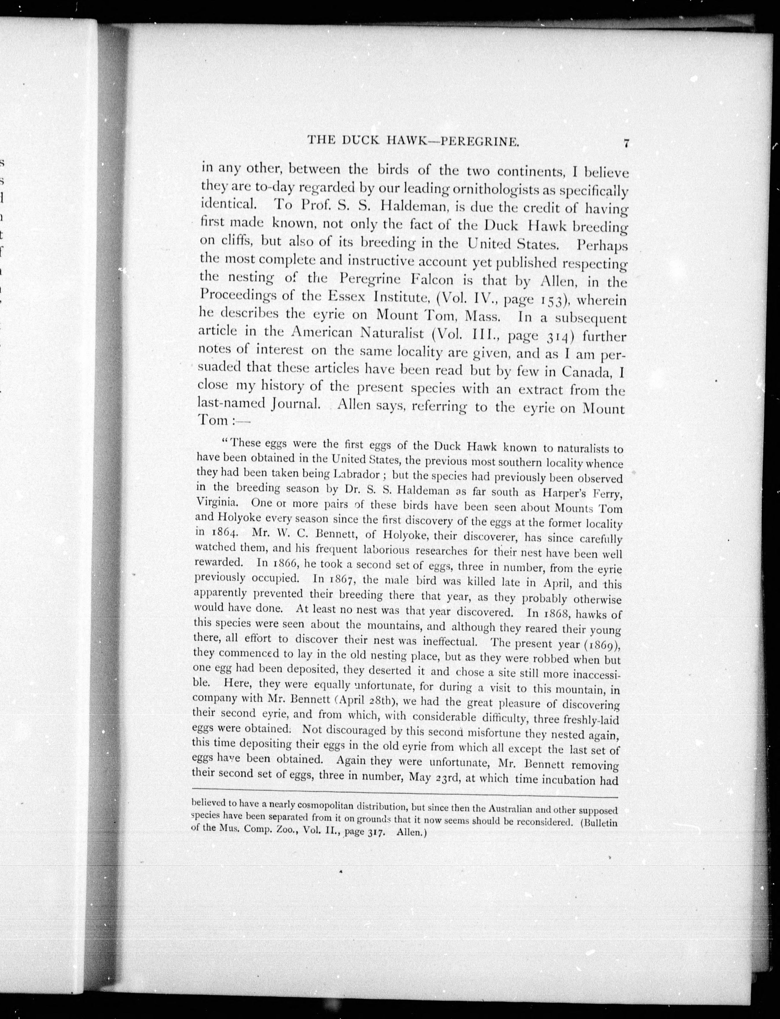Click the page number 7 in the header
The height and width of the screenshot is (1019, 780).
(626, 144)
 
